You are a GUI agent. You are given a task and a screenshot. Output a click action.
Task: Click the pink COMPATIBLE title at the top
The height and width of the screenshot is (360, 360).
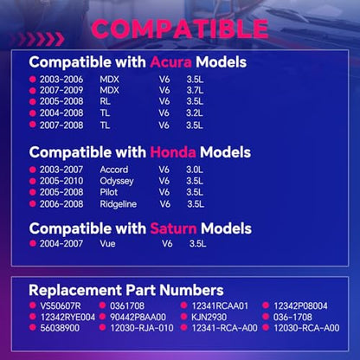click(180, 29)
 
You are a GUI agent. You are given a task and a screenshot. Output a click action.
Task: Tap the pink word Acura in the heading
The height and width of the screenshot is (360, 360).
click(170, 62)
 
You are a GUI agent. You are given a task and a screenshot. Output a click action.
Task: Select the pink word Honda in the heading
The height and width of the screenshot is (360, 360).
click(173, 152)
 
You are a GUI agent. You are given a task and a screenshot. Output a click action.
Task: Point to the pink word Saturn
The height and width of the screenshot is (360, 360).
click(173, 228)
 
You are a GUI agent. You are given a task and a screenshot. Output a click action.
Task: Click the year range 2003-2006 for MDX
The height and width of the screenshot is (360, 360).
click(61, 80)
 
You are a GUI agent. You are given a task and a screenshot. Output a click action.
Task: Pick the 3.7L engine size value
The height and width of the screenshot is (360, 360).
click(195, 90)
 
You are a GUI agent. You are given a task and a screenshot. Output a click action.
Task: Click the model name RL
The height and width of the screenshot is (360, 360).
click(105, 101)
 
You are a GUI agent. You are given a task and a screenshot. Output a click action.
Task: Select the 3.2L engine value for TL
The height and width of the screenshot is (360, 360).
click(195, 112)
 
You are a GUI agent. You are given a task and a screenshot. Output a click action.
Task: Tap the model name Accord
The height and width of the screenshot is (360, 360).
click(114, 170)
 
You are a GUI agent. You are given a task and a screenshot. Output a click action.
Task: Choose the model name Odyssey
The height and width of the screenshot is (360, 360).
click(117, 182)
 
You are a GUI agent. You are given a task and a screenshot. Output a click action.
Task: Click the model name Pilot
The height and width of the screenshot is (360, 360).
click(109, 192)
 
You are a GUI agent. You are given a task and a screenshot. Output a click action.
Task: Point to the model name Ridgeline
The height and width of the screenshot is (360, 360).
click(119, 204)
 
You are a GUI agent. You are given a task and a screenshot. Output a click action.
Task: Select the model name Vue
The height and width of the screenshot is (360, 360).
click(107, 243)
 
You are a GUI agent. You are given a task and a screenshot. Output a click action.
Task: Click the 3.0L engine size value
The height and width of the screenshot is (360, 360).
click(195, 170)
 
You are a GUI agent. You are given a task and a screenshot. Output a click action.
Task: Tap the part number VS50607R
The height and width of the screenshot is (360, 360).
click(61, 305)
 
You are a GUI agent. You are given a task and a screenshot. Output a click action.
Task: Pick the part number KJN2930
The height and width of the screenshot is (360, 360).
click(209, 317)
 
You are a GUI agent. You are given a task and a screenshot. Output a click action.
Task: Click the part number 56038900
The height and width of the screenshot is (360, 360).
click(60, 328)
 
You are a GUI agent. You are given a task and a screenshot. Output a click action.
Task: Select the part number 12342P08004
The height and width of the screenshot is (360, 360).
click(300, 305)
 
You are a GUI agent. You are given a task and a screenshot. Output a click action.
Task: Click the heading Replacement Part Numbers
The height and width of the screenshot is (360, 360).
click(126, 290)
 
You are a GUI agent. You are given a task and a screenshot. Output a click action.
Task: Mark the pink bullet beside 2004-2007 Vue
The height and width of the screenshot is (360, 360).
click(33, 243)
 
